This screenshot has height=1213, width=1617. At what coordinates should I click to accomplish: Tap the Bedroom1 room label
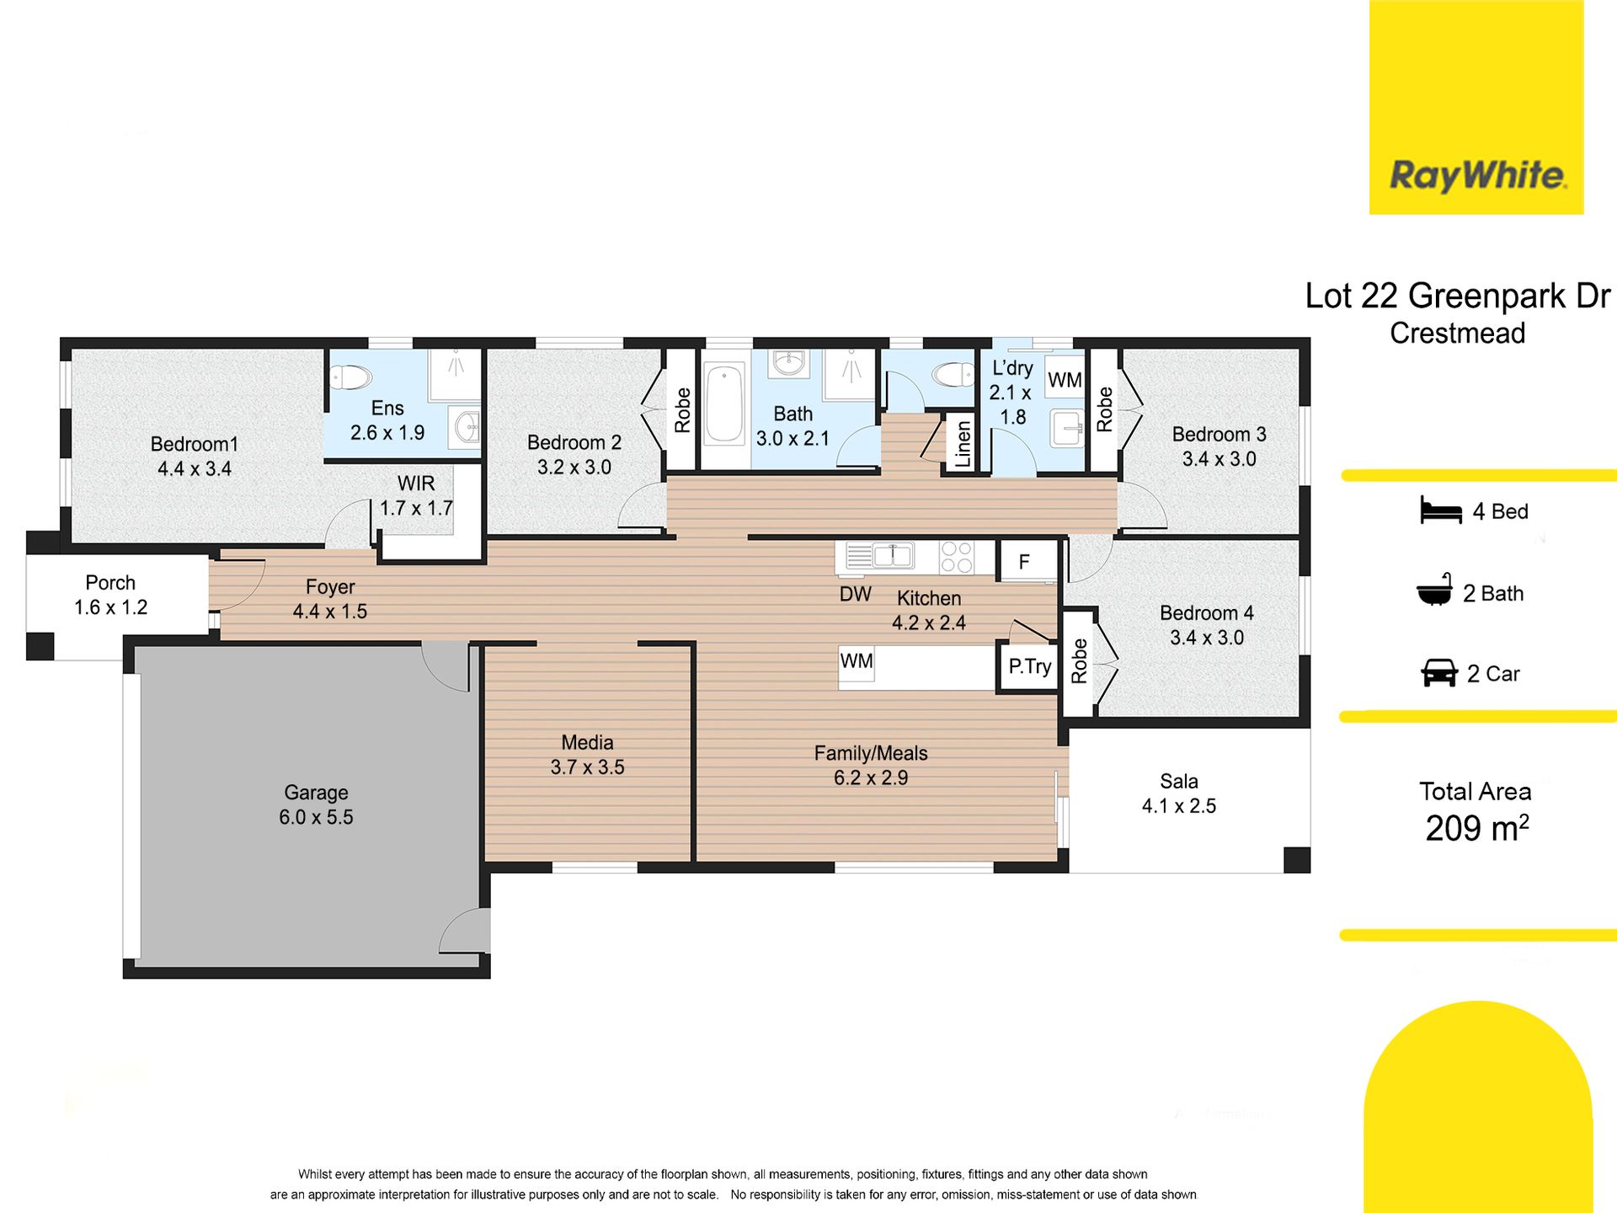pyautogui.click(x=195, y=444)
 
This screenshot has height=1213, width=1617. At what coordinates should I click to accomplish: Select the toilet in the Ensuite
pyautogui.click(x=350, y=377)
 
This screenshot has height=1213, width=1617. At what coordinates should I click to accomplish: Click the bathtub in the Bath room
pyautogui.click(x=724, y=403)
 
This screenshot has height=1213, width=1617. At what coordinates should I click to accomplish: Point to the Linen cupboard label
pyautogui.click(x=963, y=444)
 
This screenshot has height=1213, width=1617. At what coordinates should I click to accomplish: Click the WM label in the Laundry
pyautogui.click(x=1065, y=380)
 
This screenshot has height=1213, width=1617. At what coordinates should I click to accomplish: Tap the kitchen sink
pyautogui.click(x=893, y=555)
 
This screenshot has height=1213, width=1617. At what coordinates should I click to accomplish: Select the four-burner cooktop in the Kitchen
pyautogui.click(x=956, y=557)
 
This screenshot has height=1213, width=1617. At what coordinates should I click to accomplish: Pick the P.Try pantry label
pyautogui.click(x=1030, y=667)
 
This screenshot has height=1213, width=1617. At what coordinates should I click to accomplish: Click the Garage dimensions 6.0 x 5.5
pyautogui.click(x=316, y=817)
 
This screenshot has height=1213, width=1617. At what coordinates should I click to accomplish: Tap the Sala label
pyautogui.click(x=1179, y=781)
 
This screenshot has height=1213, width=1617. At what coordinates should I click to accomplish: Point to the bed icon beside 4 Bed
pyautogui.click(x=1440, y=510)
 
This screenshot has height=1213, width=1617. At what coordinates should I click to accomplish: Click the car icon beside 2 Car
pyautogui.click(x=1439, y=673)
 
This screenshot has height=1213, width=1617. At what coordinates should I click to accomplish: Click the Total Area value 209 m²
pyautogui.click(x=1477, y=828)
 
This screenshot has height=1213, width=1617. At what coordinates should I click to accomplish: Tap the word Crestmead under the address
pyautogui.click(x=1458, y=334)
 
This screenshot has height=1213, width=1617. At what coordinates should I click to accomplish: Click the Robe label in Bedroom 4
pyautogui.click(x=1079, y=661)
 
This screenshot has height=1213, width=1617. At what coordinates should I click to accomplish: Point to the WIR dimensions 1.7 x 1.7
pyautogui.click(x=416, y=508)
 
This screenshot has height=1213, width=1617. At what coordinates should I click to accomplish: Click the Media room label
pyautogui.click(x=587, y=742)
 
